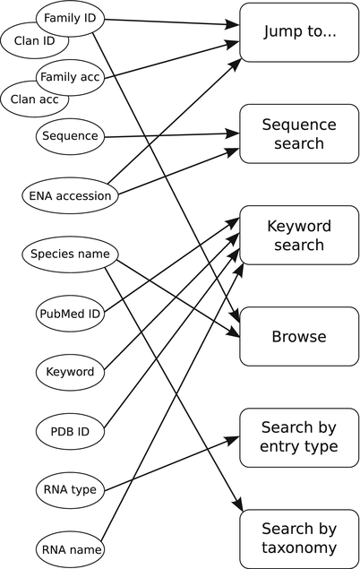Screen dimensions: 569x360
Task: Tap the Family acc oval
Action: click(69, 77)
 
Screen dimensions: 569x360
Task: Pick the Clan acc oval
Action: click(35, 99)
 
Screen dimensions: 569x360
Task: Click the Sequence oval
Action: click(70, 137)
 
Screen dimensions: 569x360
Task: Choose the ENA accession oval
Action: click(70, 195)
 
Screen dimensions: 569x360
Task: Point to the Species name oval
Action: click(70, 254)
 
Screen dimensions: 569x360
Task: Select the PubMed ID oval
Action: click(70, 314)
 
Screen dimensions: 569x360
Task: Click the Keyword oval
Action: click(70, 371)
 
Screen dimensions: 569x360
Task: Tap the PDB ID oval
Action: click(70, 431)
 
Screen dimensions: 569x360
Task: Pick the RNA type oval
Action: click(70, 489)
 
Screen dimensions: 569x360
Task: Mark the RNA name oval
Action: click(70, 548)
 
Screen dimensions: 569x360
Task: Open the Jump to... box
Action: click(299, 32)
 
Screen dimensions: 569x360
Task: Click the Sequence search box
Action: click(299, 134)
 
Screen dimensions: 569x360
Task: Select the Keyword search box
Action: click(299, 235)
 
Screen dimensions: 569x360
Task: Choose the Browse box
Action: click(299, 337)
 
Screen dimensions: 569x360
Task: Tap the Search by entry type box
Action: click(299, 437)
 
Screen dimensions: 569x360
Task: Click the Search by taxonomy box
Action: click(299, 539)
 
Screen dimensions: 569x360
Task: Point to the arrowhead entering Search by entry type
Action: click(234, 439)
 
